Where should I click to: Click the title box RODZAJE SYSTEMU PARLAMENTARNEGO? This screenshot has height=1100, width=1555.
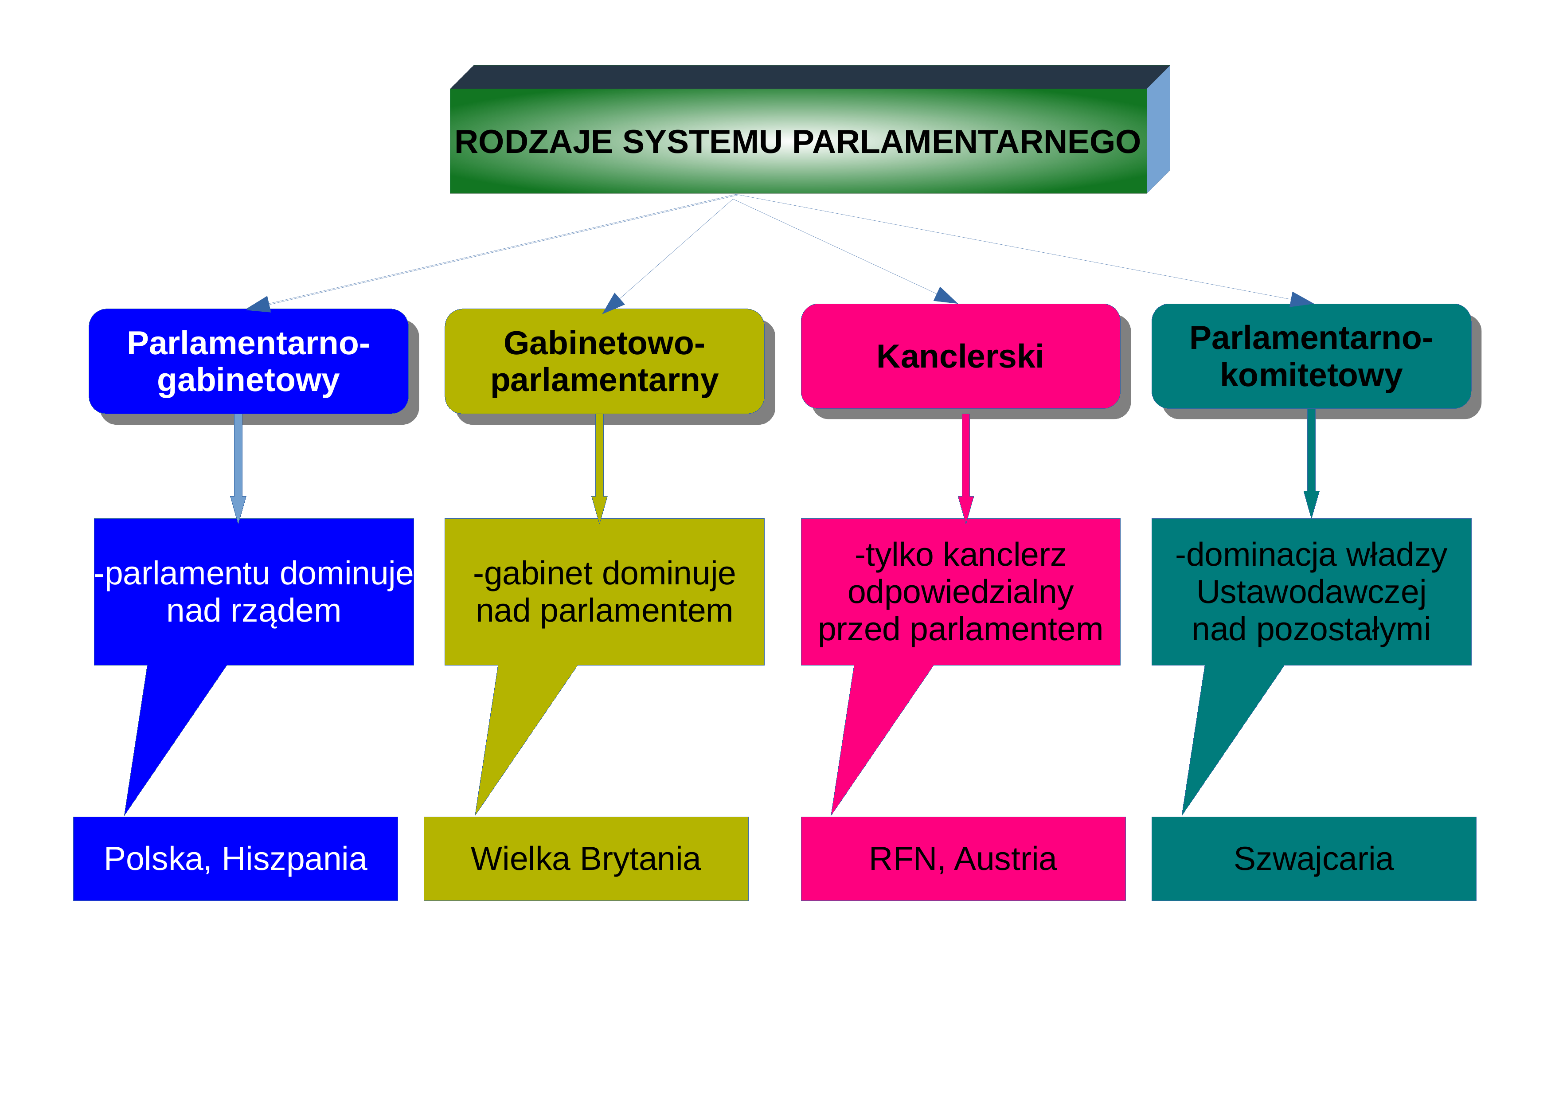click(x=798, y=141)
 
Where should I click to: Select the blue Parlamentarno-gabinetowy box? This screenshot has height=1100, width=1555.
click(x=249, y=361)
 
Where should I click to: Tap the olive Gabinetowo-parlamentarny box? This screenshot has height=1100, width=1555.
click(x=604, y=361)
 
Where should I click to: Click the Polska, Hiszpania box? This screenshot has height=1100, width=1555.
click(x=236, y=859)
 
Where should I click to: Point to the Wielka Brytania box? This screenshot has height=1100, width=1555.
click(x=586, y=859)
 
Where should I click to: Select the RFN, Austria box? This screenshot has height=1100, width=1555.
click(x=963, y=859)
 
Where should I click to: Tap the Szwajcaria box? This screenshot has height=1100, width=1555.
click(x=1314, y=859)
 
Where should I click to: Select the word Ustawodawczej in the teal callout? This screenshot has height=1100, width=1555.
click(x=1311, y=592)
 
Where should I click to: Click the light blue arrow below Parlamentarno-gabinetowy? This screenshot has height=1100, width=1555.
click(x=238, y=468)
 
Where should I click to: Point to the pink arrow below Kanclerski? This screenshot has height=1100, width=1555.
click(x=966, y=467)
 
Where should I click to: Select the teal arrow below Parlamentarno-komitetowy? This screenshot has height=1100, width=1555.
click(x=1311, y=463)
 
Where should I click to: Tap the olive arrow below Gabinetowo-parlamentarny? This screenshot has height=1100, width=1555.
click(x=599, y=468)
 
